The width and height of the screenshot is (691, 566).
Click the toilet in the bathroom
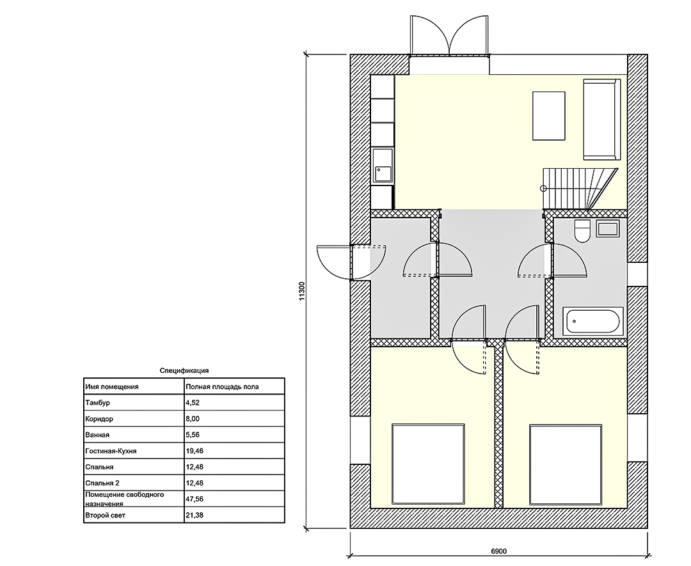[583, 231]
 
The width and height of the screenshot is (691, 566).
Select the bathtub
[593, 320]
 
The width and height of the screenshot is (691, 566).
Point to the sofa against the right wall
[601, 120]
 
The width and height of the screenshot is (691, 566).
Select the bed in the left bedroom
[428, 464]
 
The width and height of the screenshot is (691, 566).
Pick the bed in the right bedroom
[566, 464]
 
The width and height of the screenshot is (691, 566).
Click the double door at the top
[450, 36]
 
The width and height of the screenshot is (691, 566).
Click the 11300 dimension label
[302, 291]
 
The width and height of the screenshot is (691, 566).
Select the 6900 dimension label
[498, 551]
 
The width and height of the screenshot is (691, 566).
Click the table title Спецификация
[184, 371]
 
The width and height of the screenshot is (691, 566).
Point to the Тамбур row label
[97, 402]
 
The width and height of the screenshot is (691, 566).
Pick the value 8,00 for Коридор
[193, 419]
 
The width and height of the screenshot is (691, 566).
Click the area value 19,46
[195, 451]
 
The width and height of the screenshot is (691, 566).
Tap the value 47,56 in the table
[195, 499]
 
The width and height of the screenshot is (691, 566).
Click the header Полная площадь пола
[222, 387]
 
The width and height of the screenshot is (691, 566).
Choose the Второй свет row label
[106, 515]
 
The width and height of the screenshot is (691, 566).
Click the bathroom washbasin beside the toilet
[608, 228]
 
